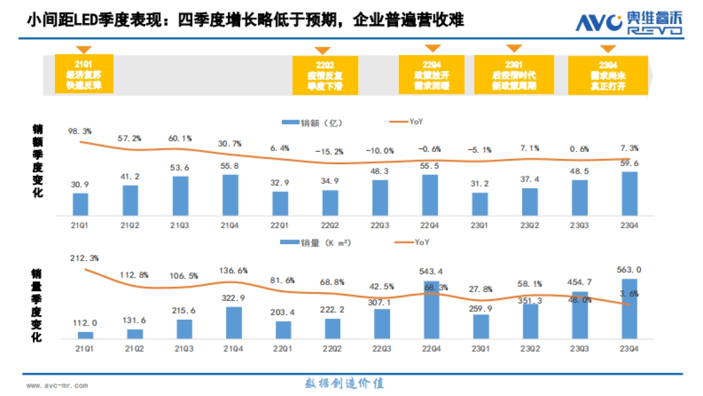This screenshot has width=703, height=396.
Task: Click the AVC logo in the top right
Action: pyautogui.click(x=628, y=23)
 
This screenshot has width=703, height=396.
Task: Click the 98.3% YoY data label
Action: pyautogui.click(x=80, y=131)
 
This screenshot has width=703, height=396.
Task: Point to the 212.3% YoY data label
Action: pyautogui.click(x=84, y=258)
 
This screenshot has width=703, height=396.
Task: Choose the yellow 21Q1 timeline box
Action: pyautogui.click(x=83, y=74)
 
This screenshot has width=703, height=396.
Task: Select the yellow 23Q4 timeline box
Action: pyautogui.click(x=608, y=75)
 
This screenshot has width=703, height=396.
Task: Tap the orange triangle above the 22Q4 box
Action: pyautogui.click(x=432, y=49)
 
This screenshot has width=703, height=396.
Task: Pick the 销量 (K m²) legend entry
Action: pyautogui.click(x=317, y=242)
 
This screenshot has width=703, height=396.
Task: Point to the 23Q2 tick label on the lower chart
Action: pyautogui.click(x=530, y=348)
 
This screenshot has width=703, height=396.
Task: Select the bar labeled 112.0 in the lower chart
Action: pyautogui.click(x=86, y=335)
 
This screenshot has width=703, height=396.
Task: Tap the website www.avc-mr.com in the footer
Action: pyautogui.click(x=57, y=385)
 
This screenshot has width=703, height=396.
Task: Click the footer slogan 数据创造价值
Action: pyautogui.click(x=344, y=384)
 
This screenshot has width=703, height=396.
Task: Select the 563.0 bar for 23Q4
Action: pyautogui.click(x=629, y=309)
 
